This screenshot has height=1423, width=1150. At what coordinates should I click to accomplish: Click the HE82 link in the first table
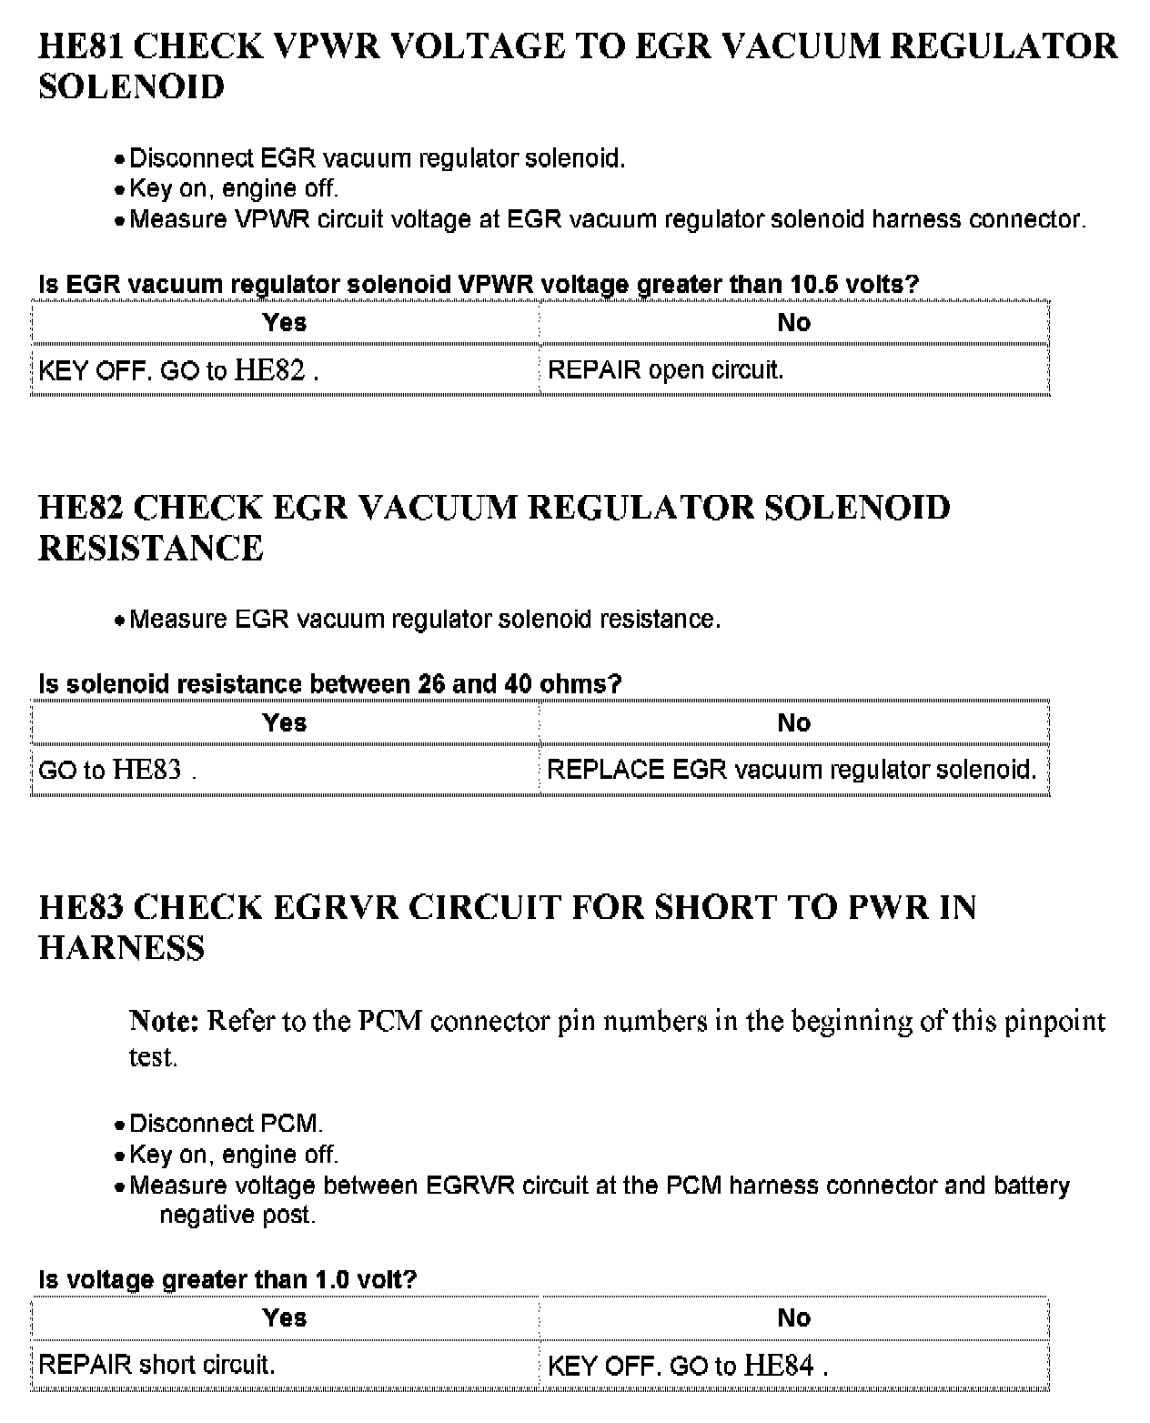[x=269, y=370]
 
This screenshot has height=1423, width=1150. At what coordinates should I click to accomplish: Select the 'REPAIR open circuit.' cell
[x=665, y=370]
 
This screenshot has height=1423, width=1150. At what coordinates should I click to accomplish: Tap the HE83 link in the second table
[x=146, y=771]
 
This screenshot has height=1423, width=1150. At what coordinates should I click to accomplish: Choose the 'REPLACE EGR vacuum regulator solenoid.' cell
[x=792, y=771]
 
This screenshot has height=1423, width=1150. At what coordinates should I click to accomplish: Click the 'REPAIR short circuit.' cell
[x=156, y=1365]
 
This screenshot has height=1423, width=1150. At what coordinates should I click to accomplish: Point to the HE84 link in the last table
[x=779, y=1365]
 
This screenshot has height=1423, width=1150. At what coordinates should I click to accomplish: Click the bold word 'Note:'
[x=164, y=1021]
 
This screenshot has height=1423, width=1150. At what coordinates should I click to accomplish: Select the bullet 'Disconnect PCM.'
[x=226, y=1125]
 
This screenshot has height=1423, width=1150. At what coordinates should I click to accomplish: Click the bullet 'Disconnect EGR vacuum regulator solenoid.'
[x=377, y=159]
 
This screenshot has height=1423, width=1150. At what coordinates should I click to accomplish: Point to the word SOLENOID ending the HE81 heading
[x=131, y=87]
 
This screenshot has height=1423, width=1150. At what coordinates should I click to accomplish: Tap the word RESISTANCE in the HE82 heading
[x=151, y=549]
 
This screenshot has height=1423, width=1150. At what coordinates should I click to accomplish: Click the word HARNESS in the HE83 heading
[x=122, y=948]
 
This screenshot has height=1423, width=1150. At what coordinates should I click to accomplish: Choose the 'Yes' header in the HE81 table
[x=285, y=323]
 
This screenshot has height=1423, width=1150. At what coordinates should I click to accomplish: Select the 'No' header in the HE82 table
[x=793, y=723]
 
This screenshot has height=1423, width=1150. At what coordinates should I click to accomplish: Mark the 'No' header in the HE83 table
[x=793, y=1318]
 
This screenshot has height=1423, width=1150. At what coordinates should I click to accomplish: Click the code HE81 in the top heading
[x=85, y=46]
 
